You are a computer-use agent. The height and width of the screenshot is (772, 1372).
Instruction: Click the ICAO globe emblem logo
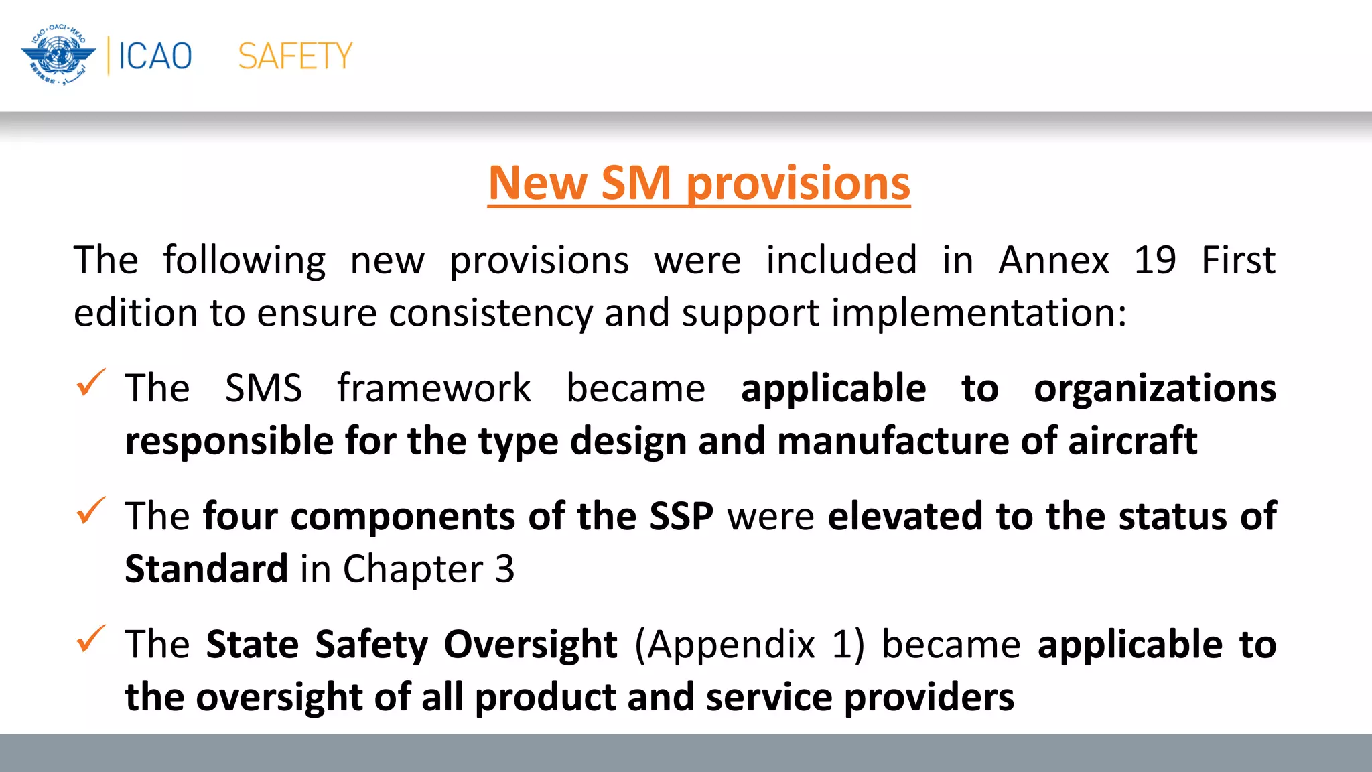pos(58,56)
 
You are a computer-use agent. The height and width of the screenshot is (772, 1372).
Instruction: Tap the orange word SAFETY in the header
pos(295,56)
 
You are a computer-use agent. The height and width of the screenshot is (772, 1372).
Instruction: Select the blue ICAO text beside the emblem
pos(155,56)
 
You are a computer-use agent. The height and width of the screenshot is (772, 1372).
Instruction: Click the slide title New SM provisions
pos(699,183)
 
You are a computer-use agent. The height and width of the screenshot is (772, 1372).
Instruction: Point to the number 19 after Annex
pos(1154,260)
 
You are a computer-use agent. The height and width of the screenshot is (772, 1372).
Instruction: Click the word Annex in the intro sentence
pos(1054,260)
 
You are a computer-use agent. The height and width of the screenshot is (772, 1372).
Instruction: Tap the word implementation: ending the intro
pos(979,313)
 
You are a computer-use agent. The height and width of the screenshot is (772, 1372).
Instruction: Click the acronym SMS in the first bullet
pos(263,388)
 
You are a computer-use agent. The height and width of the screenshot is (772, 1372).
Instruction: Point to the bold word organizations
pos(1155,389)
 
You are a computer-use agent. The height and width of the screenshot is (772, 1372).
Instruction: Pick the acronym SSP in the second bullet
pos(681,517)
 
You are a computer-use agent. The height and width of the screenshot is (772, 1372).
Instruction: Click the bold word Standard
pos(206,569)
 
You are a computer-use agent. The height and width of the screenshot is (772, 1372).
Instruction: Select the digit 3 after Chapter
pos(504,569)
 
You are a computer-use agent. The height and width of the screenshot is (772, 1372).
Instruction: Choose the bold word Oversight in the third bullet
pos(530,645)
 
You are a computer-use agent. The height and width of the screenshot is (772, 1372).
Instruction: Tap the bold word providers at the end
pos(929,698)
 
